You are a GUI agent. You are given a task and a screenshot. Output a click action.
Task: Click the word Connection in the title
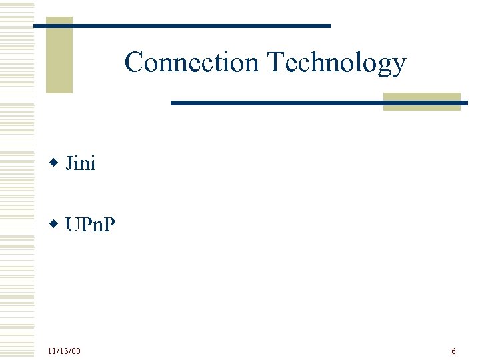[x=192, y=62]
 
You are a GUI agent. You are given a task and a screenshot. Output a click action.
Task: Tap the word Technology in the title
[x=336, y=63]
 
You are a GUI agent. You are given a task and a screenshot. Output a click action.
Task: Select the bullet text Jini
[x=81, y=163]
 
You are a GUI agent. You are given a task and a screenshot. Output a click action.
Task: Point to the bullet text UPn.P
[x=90, y=225]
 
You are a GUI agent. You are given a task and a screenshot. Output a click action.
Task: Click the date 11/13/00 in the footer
[x=64, y=351]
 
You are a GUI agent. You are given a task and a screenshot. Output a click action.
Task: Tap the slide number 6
[x=453, y=351]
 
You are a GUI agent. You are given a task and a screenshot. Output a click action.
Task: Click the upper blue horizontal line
[x=181, y=25]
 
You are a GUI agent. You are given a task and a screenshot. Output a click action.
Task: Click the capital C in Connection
[x=134, y=62]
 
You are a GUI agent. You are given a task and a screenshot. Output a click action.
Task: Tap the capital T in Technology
[x=275, y=62]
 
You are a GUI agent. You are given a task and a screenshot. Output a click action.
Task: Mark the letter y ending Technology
[x=399, y=65]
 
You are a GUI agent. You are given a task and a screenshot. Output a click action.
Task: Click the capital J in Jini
[x=69, y=163]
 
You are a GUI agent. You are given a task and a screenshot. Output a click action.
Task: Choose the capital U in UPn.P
[x=72, y=225]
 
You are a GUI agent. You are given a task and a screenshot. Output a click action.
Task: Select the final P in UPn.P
[x=109, y=225]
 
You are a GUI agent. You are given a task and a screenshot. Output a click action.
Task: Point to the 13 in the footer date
[x=64, y=351]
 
